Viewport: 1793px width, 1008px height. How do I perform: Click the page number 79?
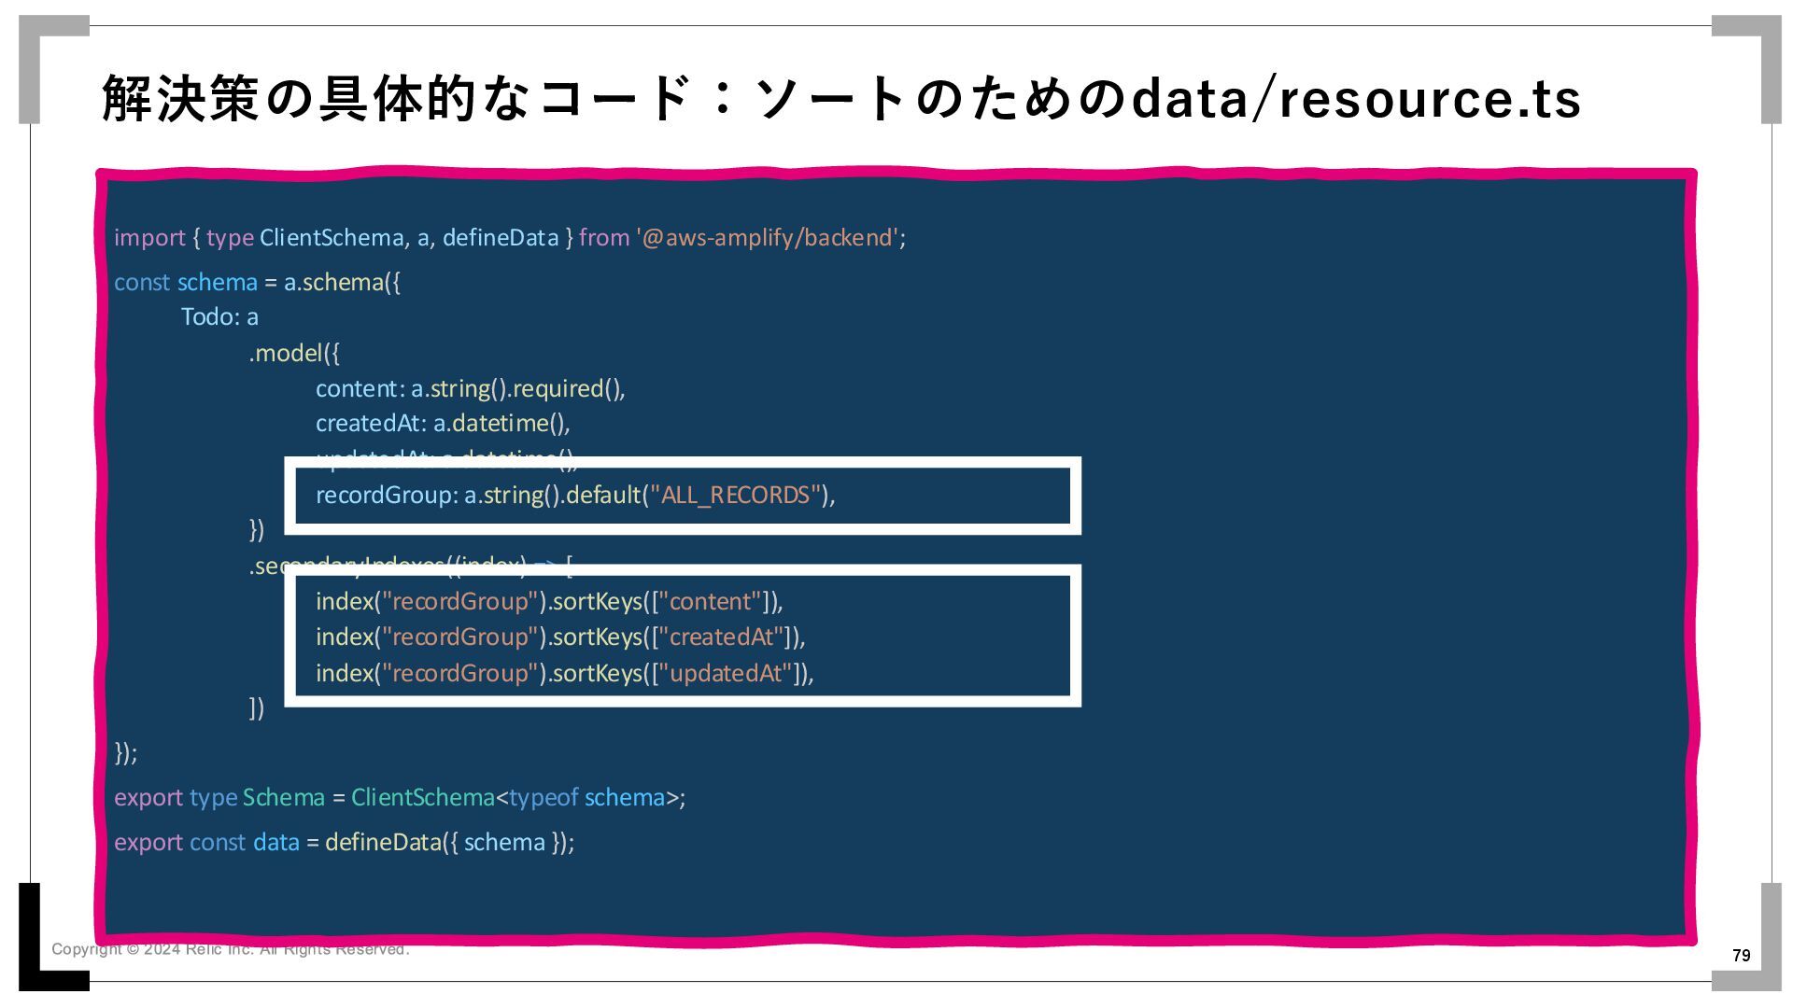pyautogui.click(x=1741, y=956)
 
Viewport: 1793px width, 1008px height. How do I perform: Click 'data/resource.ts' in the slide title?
pyautogui.click(x=1355, y=99)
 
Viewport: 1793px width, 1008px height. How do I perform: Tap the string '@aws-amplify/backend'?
pyautogui.click(x=768, y=238)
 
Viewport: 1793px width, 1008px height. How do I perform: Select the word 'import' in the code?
pyautogui.click(x=149, y=238)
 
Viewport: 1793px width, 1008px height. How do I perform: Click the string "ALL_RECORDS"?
pyautogui.click(x=735, y=496)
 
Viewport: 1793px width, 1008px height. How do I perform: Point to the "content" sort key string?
pyautogui.click(x=711, y=602)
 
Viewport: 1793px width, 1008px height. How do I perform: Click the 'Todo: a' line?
pyautogui.click(x=219, y=317)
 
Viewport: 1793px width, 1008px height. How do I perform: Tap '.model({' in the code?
pyautogui.click(x=294, y=354)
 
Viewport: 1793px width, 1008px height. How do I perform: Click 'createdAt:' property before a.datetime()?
pyautogui.click(x=371, y=424)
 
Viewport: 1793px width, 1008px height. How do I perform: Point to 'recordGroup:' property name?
pyautogui.click(x=387, y=496)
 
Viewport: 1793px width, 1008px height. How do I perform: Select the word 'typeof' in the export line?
pyautogui.click(x=544, y=798)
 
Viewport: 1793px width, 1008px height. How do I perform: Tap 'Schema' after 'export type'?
pyautogui.click(x=284, y=798)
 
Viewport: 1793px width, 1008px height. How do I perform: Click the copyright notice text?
pyautogui.click(x=230, y=950)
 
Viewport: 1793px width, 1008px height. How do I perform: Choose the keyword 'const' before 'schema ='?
pyautogui.click(x=142, y=283)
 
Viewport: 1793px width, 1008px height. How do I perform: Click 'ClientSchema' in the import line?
pyautogui.click(x=332, y=238)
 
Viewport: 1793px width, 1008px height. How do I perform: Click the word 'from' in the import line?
pyautogui.click(x=604, y=238)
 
